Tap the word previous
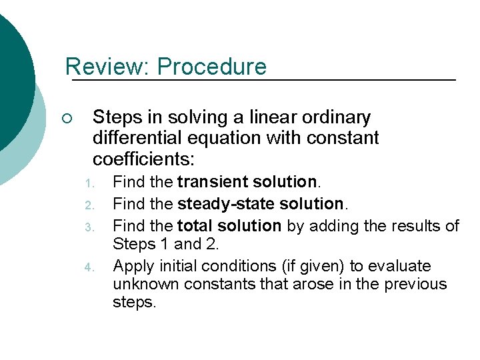[413, 285]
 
